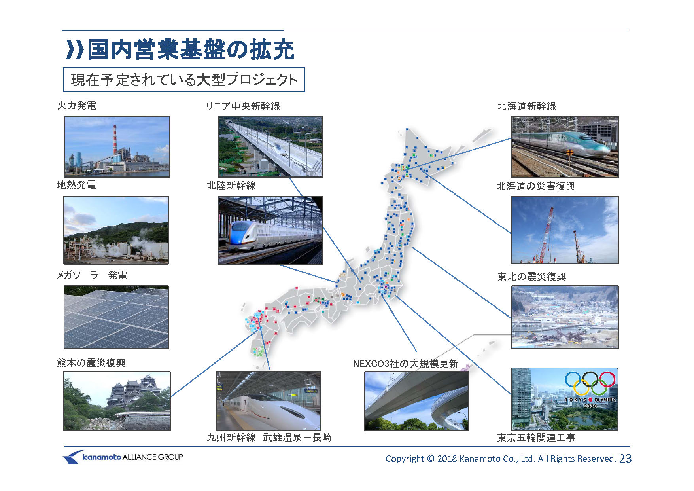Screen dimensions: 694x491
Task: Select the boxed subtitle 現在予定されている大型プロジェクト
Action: pos(184,80)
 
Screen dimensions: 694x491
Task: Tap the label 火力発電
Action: pos(77,106)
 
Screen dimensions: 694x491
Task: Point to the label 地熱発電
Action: pos(76,185)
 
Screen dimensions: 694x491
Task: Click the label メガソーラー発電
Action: pos(92,275)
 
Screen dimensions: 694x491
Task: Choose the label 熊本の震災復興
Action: pos(91,363)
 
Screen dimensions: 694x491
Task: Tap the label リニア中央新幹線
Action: pos(243,106)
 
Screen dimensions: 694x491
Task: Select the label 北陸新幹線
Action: pos(231,185)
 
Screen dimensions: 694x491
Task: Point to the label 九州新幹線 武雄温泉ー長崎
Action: pos(269,437)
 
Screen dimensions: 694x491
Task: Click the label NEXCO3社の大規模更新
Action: pos(406,364)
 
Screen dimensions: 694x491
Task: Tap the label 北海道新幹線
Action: pos(527,106)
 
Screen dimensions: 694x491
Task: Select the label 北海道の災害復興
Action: pos(536,186)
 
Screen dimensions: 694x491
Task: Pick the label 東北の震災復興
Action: pos(531,277)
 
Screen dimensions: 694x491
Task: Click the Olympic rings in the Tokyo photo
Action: pos(590,383)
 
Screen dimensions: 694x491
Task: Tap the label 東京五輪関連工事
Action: pos(536,438)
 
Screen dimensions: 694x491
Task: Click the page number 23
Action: pos(625,459)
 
